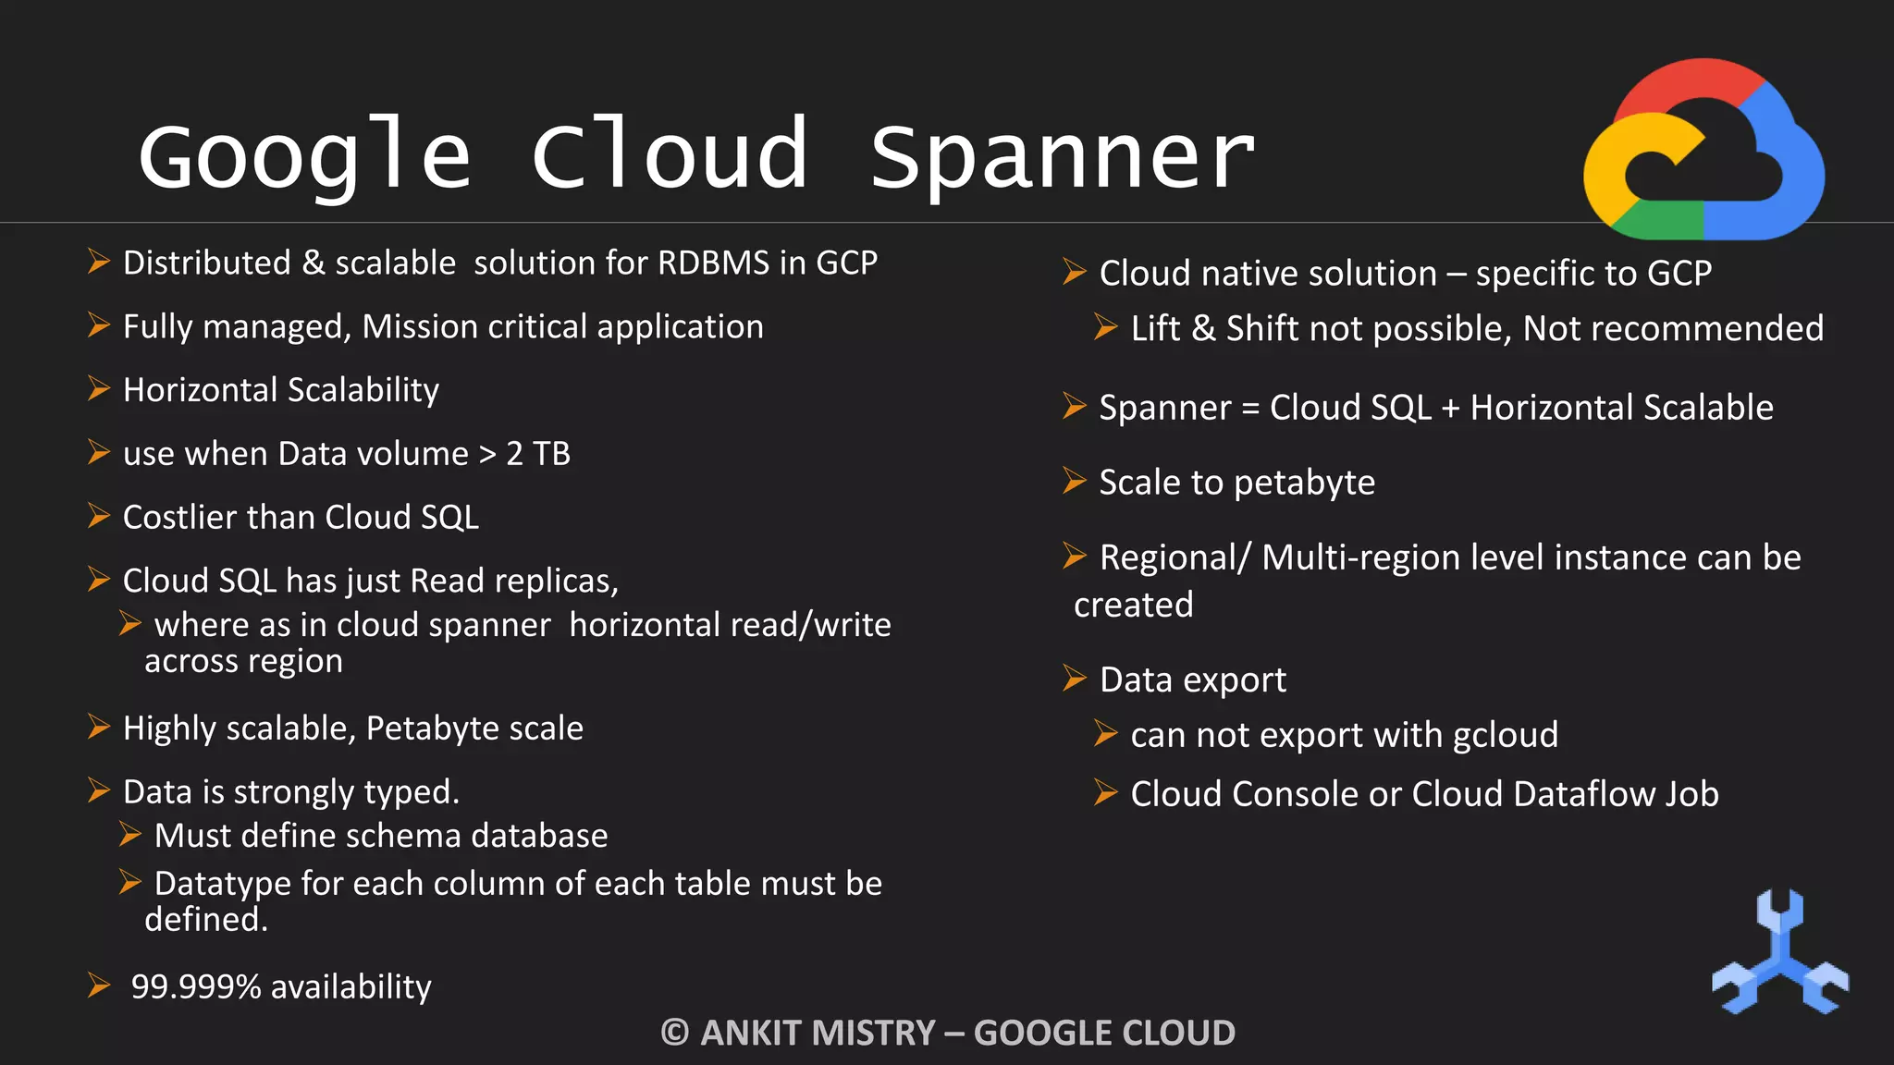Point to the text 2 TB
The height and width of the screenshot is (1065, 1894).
pos(538,454)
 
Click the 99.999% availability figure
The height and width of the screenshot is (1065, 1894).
pos(196,987)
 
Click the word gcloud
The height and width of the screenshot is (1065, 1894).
pos(1506,736)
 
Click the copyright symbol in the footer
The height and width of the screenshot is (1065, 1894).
pos(675,1033)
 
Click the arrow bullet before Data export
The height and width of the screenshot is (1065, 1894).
pos(1074,679)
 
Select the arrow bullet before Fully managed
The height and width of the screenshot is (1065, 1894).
pos(99,325)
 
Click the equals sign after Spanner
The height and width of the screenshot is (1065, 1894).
pos(1250,409)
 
